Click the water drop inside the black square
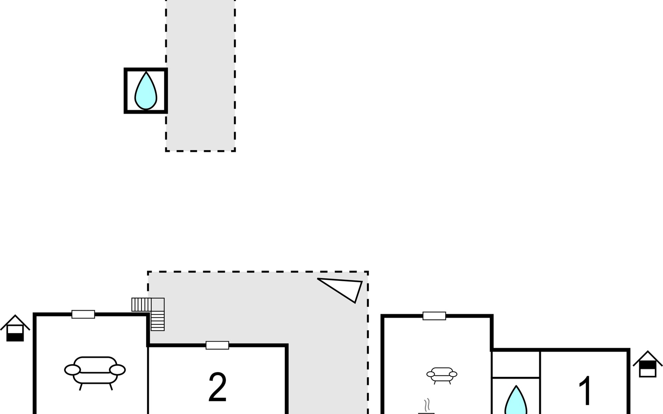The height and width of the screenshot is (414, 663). point(146,91)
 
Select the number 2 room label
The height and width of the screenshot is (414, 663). point(218,387)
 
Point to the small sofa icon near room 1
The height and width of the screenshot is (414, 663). point(442,375)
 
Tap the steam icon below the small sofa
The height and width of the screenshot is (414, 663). point(427,406)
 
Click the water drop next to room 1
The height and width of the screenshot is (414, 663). point(516,400)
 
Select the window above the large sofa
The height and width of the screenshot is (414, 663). point(83,314)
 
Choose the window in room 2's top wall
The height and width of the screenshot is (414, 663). point(218,345)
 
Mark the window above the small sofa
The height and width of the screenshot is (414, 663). point(434,316)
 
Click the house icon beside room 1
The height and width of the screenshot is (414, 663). point(647,364)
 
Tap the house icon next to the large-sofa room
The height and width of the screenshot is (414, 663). point(15,328)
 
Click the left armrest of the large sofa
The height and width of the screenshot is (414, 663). point(73,370)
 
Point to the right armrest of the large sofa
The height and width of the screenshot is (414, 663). point(117,370)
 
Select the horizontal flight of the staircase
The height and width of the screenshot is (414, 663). point(142,305)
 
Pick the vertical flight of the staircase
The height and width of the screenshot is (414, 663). point(158,321)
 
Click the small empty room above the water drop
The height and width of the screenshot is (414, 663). point(516,365)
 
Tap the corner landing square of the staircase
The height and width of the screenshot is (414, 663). point(158,305)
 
